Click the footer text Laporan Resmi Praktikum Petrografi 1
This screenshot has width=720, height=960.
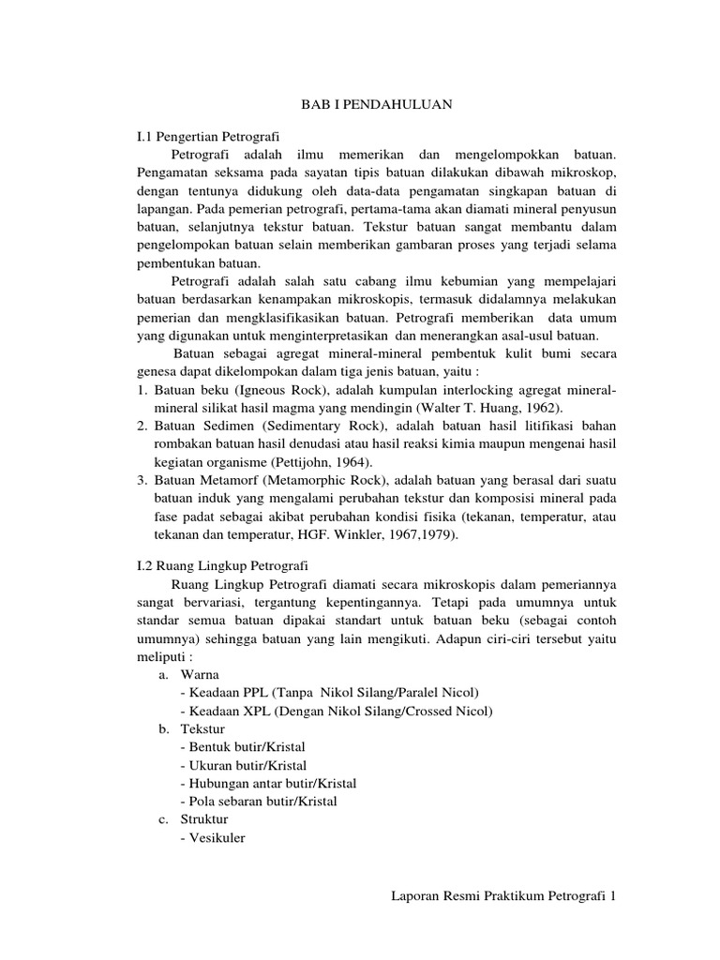[x=503, y=897]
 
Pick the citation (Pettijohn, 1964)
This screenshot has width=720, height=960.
[x=319, y=462]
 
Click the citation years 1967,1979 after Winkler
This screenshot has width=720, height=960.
[x=421, y=535]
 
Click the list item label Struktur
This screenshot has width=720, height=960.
[x=202, y=819]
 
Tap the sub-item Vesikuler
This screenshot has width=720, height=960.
[x=214, y=838]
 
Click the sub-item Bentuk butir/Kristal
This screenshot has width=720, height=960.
[x=245, y=746]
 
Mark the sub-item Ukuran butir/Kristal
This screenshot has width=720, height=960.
[x=245, y=765]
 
